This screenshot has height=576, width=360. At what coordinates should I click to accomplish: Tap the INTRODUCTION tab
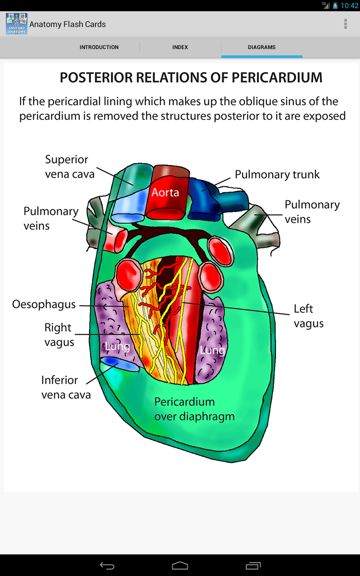click(x=99, y=47)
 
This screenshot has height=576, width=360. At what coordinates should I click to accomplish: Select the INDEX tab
click(x=180, y=47)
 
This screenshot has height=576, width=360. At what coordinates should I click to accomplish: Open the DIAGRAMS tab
click(x=261, y=47)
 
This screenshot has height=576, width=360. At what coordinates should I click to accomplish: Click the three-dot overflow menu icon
click(x=346, y=24)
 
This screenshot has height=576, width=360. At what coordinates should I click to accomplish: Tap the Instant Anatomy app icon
click(x=17, y=24)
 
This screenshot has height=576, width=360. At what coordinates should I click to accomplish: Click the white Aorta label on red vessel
click(x=165, y=193)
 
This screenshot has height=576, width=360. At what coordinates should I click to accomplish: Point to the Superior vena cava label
click(x=70, y=166)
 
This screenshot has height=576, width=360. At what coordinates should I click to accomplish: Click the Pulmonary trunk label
click(x=277, y=175)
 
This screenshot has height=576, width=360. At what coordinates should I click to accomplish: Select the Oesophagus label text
click(x=44, y=305)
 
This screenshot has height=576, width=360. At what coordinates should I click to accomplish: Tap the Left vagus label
click(x=308, y=316)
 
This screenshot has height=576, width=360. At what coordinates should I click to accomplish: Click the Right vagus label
click(x=59, y=335)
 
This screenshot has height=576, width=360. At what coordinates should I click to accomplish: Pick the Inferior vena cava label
click(x=66, y=387)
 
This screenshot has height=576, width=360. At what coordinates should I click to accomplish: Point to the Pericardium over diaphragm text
click(x=194, y=409)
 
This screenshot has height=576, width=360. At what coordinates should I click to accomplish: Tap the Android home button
click(x=180, y=565)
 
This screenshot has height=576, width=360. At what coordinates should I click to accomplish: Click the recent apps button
click(x=253, y=565)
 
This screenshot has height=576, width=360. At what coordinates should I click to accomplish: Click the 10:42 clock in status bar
click(x=349, y=6)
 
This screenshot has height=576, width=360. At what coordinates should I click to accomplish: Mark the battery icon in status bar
click(x=335, y=6)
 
